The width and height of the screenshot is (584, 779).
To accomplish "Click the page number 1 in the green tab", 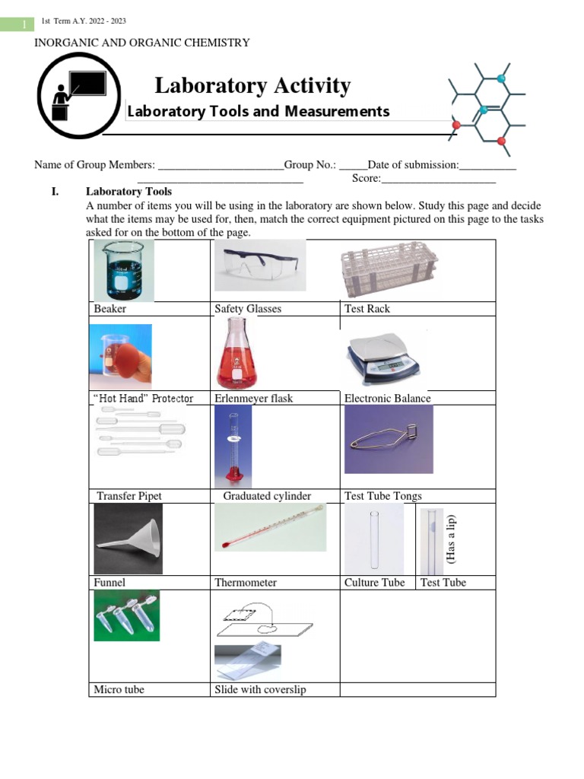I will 24,25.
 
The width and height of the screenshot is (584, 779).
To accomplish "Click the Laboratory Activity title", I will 252,86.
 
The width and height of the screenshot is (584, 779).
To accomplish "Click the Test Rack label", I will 367,309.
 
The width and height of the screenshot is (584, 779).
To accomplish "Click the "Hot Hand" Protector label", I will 142,399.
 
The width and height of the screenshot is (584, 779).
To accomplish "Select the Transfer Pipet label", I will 129,496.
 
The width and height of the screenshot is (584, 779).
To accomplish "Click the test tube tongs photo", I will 388,439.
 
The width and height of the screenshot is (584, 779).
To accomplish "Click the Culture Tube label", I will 374,583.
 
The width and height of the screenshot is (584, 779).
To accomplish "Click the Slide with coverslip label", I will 260,690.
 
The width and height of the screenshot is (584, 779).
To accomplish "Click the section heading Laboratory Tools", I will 129,192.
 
